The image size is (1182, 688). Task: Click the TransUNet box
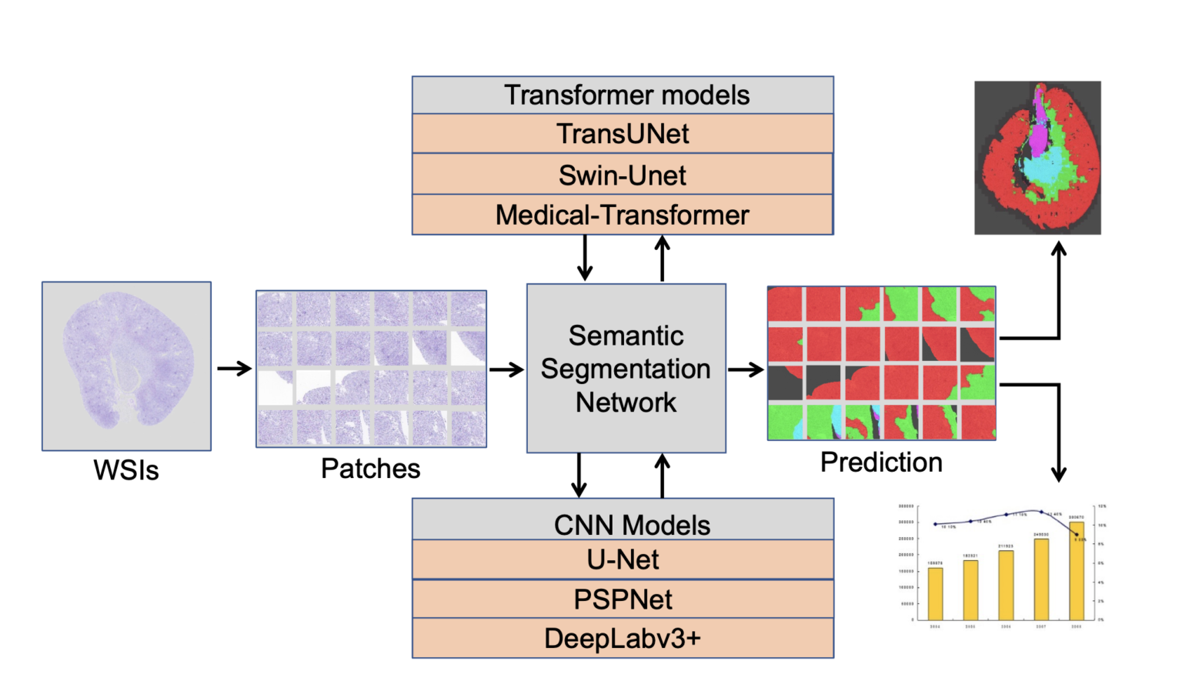click(x=623, y=134)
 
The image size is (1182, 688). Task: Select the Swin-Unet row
click(x=623, y=175)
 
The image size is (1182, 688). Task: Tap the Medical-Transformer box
click(x=623, y=215)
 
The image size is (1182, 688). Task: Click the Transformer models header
click(x=623, y=95)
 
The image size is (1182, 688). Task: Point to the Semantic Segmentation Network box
click(x=626, y=369)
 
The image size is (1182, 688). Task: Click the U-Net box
click(x=623, y=559)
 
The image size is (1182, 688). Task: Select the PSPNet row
click(x=623, y=599)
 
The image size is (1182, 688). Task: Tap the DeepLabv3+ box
click(x=623, y=639)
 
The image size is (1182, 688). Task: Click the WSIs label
click(x=126, y=470)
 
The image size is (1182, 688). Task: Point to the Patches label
click(x=370, y=469)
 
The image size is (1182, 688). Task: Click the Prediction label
click(x=881, y=463)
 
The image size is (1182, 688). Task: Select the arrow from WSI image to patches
click(x=234, y=369)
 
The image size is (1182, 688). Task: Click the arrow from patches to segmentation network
click(x=506, y=370)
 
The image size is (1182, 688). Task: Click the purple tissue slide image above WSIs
click(x=126, y=366)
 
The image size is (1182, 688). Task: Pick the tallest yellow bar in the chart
click(x=1077, y=571)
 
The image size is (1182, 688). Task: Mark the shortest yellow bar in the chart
click(x=935, y=593)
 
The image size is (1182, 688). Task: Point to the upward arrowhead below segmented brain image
click(x=1059, y=249)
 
